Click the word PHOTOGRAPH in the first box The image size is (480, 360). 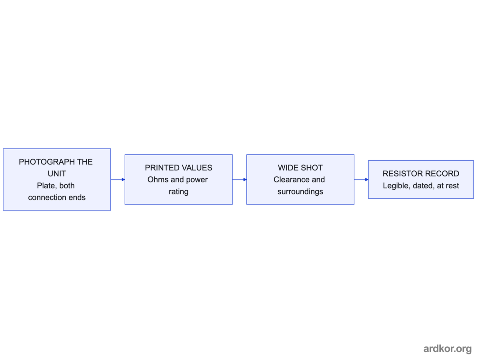46,162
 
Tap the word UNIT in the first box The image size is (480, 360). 57,174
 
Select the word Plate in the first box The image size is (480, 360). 46,186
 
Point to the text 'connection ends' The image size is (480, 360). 57,198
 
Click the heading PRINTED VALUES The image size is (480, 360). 178,168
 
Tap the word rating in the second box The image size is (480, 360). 178,192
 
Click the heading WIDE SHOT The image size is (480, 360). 300,168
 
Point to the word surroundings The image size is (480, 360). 300,192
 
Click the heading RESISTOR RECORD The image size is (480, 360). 421,174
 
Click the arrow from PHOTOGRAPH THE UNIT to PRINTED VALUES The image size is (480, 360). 118,180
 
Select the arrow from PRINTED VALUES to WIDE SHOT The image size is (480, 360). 240,180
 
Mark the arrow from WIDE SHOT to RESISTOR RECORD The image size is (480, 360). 361,180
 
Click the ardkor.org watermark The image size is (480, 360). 448,349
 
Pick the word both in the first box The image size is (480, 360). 67,186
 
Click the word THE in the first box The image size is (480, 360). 85,162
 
